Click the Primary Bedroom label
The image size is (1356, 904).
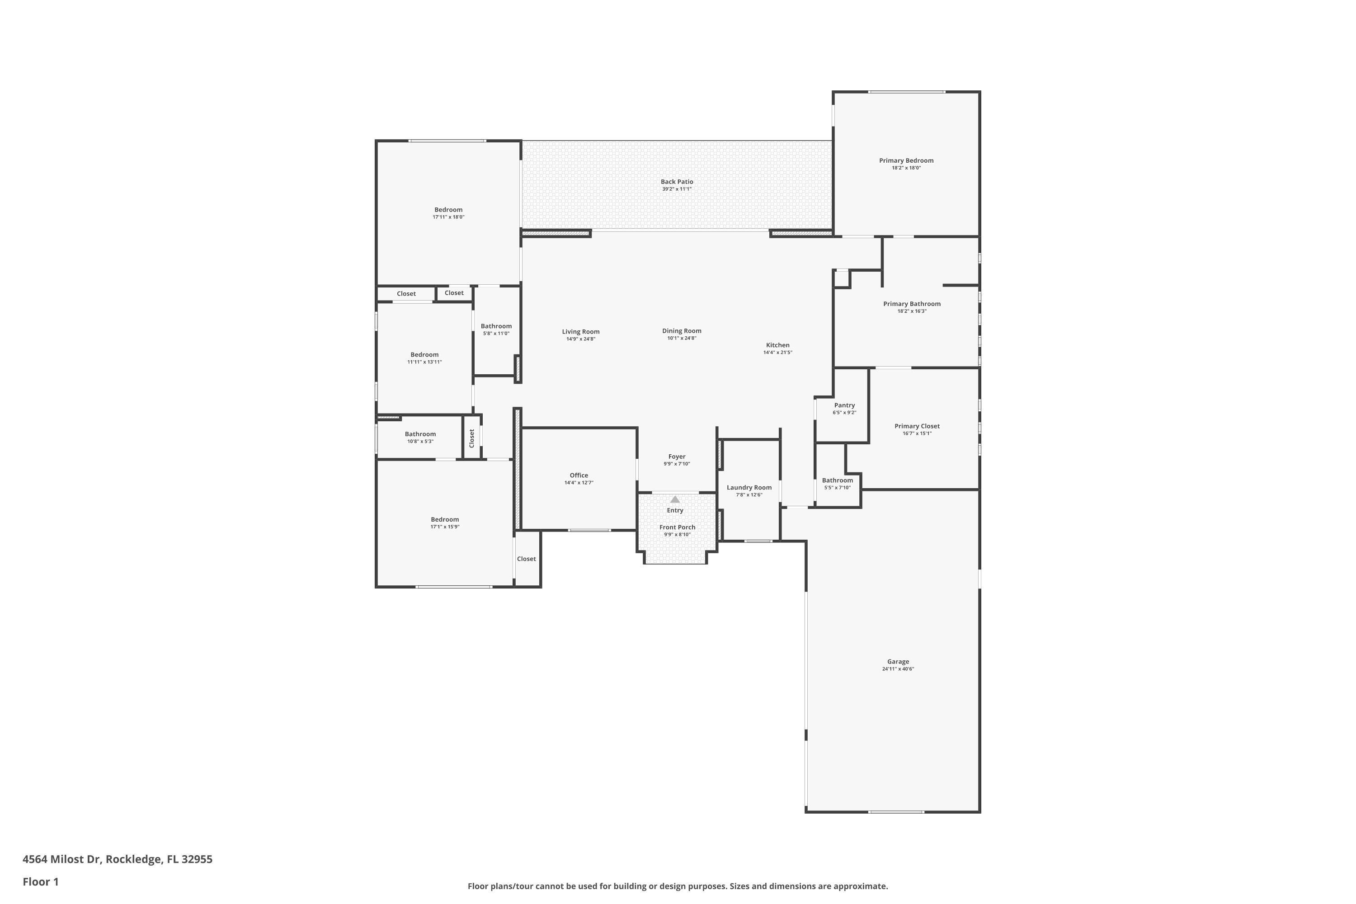(906, 160)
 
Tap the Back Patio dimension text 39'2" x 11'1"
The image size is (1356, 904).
(677, 189)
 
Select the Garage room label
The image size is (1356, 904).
(898, 661)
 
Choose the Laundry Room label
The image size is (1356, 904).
(749, 487)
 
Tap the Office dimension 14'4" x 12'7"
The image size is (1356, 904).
(579, 483)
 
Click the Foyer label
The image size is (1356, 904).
(677, 457)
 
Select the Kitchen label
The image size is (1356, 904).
(778, 345)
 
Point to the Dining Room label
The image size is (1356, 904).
(682, 331)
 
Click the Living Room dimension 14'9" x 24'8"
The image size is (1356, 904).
(580, 339)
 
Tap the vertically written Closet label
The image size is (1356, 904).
(471, 438)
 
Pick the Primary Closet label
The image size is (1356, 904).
(917, 426)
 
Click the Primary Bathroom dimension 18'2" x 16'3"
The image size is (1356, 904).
(912, 311)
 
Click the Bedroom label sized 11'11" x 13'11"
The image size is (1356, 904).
(424, 354)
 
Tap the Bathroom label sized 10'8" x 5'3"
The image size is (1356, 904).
(420, 434)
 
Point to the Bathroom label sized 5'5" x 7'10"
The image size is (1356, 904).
(837, 480)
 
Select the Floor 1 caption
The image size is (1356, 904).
(40, 881)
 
